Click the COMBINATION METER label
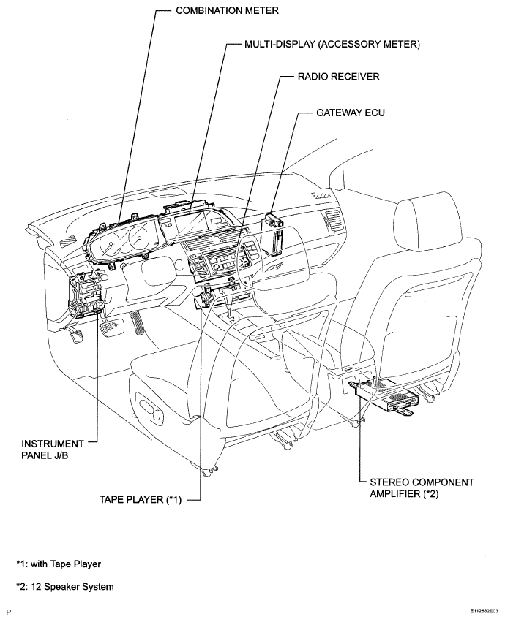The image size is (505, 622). (228, 11)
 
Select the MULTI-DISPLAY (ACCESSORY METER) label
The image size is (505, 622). (332, 44)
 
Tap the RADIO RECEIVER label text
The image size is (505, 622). (339, 77)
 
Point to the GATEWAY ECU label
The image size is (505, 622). (351, 113)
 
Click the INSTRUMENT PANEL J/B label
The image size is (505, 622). (53, 450)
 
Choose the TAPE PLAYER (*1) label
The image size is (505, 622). (141, 499)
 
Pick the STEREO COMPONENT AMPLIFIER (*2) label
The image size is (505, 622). (422, 488)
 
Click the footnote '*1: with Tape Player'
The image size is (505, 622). (59, 564)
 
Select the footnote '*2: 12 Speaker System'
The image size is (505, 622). (64, 586)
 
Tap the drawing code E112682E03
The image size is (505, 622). (485, 611)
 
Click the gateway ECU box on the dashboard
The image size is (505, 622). (272, 234)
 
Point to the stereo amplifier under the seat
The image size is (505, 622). (383, 394)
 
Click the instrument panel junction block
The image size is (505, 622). (86, 293)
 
